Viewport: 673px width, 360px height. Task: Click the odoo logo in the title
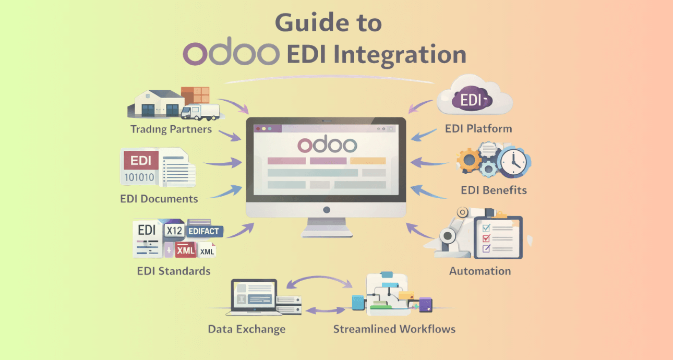point(231,52)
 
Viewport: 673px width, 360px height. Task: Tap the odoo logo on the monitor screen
point(327,145)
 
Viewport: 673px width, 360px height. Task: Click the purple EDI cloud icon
point(472,99)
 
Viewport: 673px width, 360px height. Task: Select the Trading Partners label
point(171,129)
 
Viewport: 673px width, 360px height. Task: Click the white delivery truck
point(200,112)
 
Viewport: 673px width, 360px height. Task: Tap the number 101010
point(139,177)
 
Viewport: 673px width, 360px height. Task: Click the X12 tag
point(174,231)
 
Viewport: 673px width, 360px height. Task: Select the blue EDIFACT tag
point(205,231)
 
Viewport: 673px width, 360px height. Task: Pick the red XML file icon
point(185,250)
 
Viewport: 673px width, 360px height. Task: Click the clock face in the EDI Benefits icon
point(513,162)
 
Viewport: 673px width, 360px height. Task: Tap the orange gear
point(468,160)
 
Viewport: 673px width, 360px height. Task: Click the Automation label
point(480,271)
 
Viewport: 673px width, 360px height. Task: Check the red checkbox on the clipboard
point(486,238)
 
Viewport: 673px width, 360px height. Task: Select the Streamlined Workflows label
point(394,329)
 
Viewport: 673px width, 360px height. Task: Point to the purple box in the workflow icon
point(425,305)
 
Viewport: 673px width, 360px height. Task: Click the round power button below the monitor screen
point(327,210)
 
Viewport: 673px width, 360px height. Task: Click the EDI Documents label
point(159,199)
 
